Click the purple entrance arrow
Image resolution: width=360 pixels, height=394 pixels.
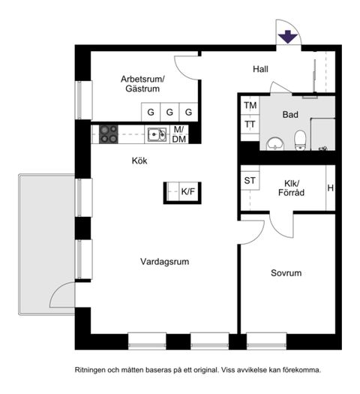tap(286, 37)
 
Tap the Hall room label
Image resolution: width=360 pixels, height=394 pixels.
tap(260, 69)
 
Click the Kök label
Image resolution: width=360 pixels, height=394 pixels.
tap(139, 160)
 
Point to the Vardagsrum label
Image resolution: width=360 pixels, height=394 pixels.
tap(164, 262)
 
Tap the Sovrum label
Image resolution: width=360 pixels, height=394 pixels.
tap(286, 273)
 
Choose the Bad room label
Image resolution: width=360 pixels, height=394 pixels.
tap(291, 115)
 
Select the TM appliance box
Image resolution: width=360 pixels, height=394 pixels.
tap(250, 106)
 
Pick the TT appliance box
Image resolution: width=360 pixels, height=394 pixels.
tap(250, 125)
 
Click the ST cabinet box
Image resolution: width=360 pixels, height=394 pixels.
tap(250, 181)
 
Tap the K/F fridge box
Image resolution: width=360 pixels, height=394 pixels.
tap(188, 192)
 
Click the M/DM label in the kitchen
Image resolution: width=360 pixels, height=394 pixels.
tap(179, 134)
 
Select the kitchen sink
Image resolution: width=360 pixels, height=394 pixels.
tap(156, 134)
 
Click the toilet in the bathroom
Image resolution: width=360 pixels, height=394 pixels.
tap(301, 140)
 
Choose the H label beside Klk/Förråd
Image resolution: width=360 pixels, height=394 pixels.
tap(330, 188)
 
